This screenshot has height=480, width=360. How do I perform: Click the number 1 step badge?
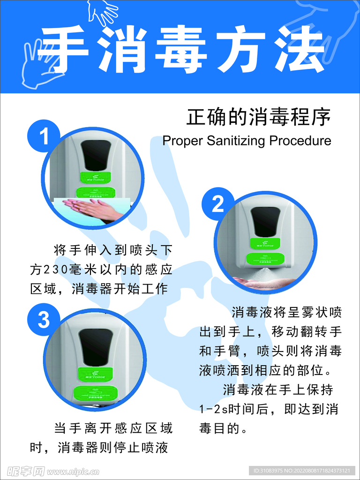click(x=44, y=137)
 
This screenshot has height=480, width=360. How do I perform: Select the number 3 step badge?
click(x=44, y=320)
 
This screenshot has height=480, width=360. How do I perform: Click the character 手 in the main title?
click(x=61, y=49)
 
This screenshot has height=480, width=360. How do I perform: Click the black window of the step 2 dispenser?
click(x=265, y=222)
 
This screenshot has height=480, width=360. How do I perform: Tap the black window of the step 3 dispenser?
click(x=96, y=347)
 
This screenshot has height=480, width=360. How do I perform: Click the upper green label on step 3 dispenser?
click(x=96, y=375)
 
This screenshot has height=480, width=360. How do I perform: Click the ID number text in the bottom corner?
click(x=302, y=471)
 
